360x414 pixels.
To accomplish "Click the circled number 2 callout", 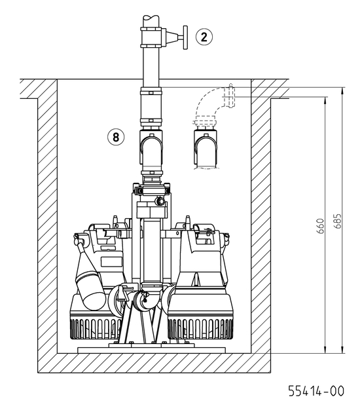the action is coord(204,37).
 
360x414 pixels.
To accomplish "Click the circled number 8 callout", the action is coord(116,137).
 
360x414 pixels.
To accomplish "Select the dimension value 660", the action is coord(320,226).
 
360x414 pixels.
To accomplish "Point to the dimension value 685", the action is coord(337,221).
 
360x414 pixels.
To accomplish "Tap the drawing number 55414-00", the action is coord(316,391).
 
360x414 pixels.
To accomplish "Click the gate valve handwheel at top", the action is coord(185,37).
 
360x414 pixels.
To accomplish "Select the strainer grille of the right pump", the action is coord(200,329).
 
